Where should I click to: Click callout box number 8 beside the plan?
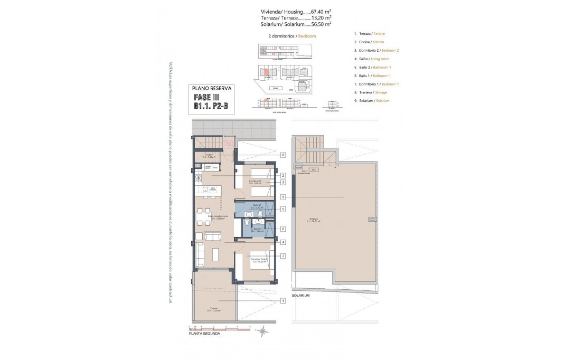click(284, 155)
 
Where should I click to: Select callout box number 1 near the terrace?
click(284, 301)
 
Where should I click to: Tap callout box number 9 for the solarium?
click(284, 197)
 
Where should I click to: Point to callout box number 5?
click(284, 209)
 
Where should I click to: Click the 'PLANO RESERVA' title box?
click(211, 89)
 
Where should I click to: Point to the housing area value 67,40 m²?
click(321, 11)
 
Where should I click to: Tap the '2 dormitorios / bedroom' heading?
click(292, 36)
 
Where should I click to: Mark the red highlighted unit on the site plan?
click(267, 71)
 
